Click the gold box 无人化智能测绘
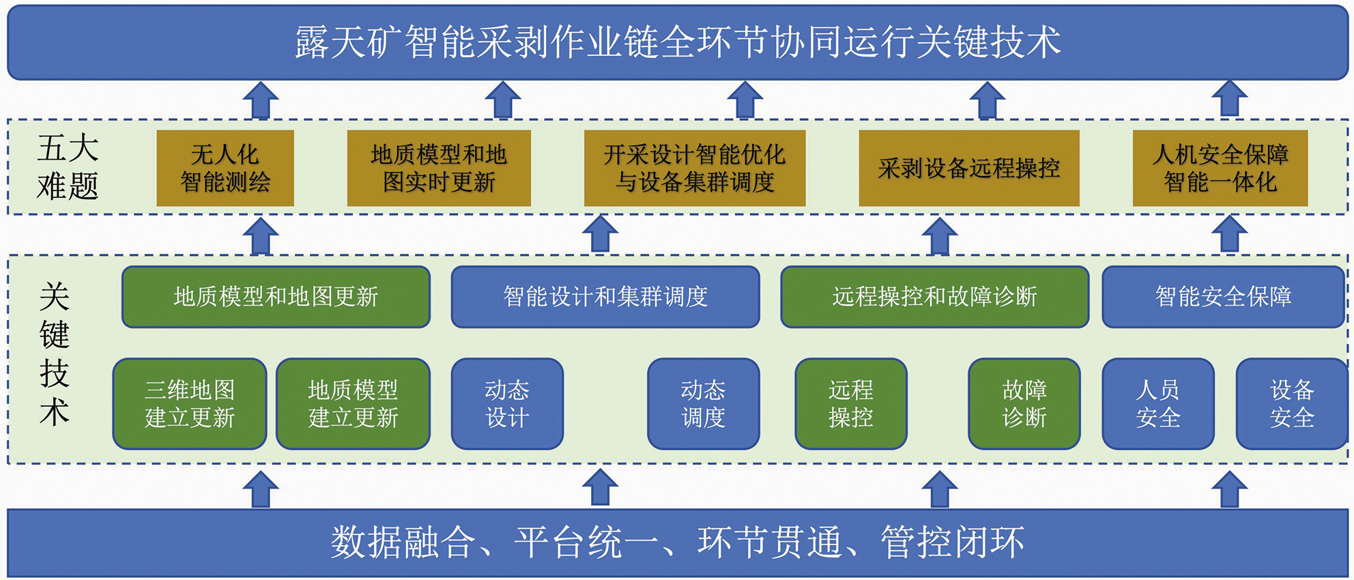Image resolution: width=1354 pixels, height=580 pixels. [x=225, y=168]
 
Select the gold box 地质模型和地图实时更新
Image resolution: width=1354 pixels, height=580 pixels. [x=439, y=168]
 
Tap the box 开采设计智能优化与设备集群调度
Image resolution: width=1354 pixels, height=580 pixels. [x=695, y=168]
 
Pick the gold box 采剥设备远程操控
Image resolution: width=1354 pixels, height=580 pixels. [x=969, y=168]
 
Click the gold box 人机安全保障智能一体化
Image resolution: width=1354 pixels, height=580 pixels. [x=1220, y=168]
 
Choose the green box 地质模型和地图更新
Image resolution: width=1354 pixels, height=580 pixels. [x=276, y=297]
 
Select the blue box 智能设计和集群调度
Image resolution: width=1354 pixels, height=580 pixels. [x=605, y=297]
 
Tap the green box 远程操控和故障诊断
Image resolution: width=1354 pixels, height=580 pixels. [x=934, y=297]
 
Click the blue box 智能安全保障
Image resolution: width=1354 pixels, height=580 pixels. [x=1223, y=297]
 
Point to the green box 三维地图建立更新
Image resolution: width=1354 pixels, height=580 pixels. [x=190, y=404]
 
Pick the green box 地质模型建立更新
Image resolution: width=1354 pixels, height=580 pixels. [x=353, y=404]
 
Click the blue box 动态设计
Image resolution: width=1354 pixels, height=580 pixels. [x=507, y=404]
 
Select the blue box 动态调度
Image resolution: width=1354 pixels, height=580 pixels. [x=704, y=404]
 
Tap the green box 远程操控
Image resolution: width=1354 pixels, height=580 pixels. [x=851, y=404]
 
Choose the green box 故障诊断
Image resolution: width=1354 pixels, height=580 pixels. [x=1024, y=404]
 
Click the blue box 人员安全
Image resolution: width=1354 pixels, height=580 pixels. [x=1158, y=404]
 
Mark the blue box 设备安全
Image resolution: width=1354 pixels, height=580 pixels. [x=1292, y=404]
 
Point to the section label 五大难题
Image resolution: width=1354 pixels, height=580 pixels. [x=68, y=167]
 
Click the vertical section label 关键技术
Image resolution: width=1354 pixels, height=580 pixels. [x=55, y=354]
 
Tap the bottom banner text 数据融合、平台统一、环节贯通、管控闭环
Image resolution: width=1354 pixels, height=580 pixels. [x=678, y=542]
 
